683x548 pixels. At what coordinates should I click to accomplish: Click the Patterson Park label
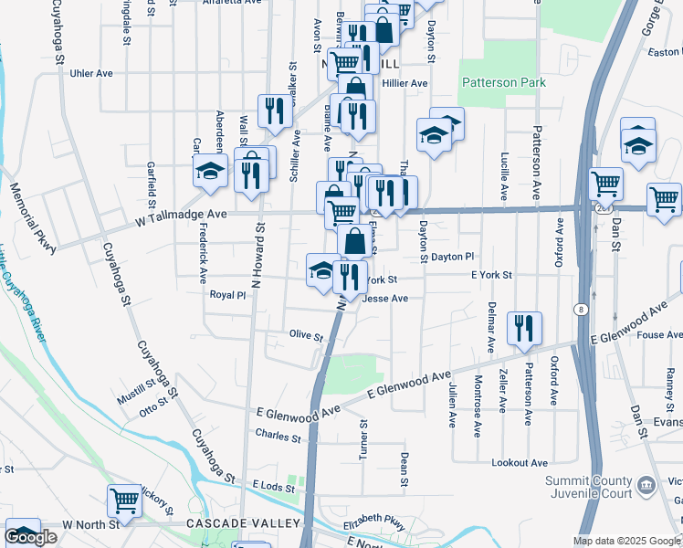click(x=503, y=82)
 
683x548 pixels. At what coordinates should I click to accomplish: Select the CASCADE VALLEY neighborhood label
click(x=243, y=523)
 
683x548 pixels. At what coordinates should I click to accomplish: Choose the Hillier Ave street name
click(x=405, y=83)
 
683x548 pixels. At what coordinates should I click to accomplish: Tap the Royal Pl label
click(x=228, y=295)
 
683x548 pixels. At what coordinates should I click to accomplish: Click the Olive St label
click(x=306, y=337)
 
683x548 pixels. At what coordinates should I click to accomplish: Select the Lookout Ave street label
click(x=520, y=463)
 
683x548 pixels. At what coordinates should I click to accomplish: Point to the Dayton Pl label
click(x=453, y=258)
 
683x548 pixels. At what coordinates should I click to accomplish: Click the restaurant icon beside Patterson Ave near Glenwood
click(x=524, y=327)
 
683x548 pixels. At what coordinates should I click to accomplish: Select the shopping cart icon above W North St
click(x=124, y=501)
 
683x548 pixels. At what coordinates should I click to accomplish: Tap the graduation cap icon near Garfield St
click(x=210, y=170)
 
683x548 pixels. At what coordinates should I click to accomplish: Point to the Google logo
click(x=31, y=537)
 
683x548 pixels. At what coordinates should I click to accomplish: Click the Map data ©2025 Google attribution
click(x=625, y=541)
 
